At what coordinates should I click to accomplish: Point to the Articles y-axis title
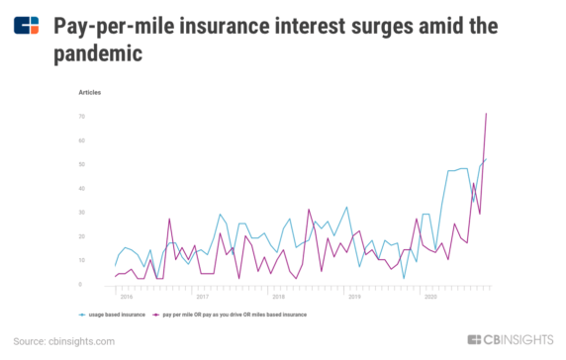coord(90,92)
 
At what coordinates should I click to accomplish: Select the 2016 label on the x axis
coord(126,296)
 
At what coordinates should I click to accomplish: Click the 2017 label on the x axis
coord(202,296)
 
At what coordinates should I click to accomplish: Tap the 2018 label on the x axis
coord(278,296)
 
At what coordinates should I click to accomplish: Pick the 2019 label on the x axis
coord(354,296)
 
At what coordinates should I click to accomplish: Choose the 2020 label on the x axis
coord(430,296)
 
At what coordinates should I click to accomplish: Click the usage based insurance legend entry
coord(118,314)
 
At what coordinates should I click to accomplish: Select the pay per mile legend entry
coord(234,314)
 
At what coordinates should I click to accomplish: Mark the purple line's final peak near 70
coord(486,114)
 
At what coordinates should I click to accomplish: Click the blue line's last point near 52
coord(486,159)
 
